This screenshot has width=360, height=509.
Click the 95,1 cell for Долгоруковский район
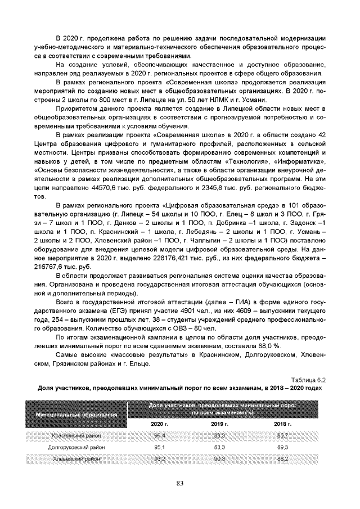point(160,447)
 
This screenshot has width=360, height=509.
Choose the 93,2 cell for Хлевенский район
point(160,459)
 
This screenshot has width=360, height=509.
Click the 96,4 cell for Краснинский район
point(160,435)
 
